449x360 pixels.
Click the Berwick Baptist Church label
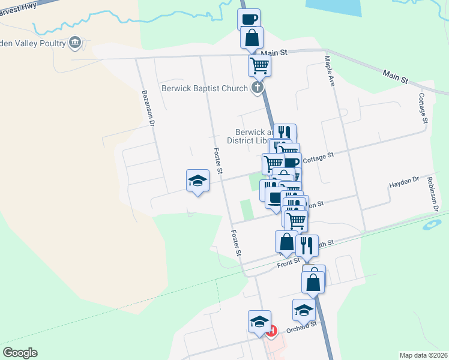tap(204, 89)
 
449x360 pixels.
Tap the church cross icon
tap(258, 89)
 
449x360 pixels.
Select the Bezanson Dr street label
tap(148, 108)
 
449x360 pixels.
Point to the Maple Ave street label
tap(330, 71)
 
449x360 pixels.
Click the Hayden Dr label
tap(403, 182)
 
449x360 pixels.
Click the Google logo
tap(20, 353)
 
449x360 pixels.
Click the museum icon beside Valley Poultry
tap(75, 42)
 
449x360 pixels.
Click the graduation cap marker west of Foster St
tap(197, 180)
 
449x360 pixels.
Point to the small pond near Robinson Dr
tap(430, 226)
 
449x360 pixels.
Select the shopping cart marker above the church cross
tap(259, 65)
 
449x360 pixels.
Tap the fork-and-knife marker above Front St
tap(307, 245)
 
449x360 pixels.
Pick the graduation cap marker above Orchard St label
tap(304, 310)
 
